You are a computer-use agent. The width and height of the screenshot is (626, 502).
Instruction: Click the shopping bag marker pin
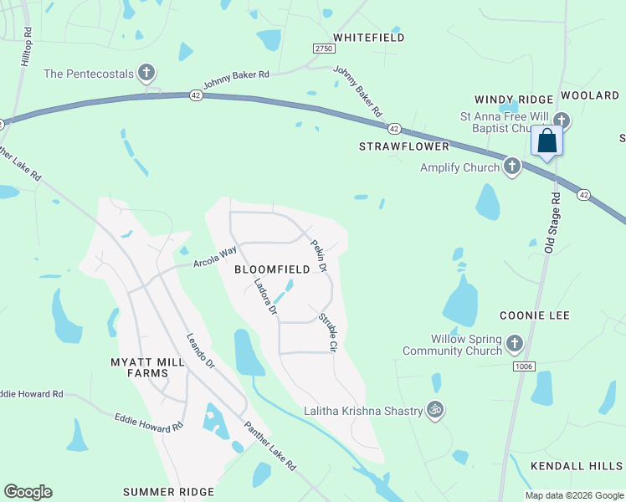(x=547, y=141)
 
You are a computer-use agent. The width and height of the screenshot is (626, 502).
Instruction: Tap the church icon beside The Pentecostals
(x=146, y=74)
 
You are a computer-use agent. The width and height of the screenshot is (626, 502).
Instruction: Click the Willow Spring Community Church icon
(x=514, y=343)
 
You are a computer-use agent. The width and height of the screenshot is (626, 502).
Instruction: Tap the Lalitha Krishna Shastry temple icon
(x=434, y=410)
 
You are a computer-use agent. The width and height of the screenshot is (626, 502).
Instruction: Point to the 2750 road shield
(x=324, y=49)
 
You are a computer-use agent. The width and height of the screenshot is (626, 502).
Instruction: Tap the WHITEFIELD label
(x=368, y=38)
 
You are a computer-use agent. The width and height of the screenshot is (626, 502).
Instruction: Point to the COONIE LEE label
(x=534, y=315)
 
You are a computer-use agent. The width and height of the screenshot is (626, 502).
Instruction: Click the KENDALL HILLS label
(x=577, y=465)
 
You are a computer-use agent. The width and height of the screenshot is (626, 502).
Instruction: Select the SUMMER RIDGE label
(x=168, y=491)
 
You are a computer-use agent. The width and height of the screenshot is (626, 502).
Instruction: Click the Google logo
(x=28, y=492)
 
